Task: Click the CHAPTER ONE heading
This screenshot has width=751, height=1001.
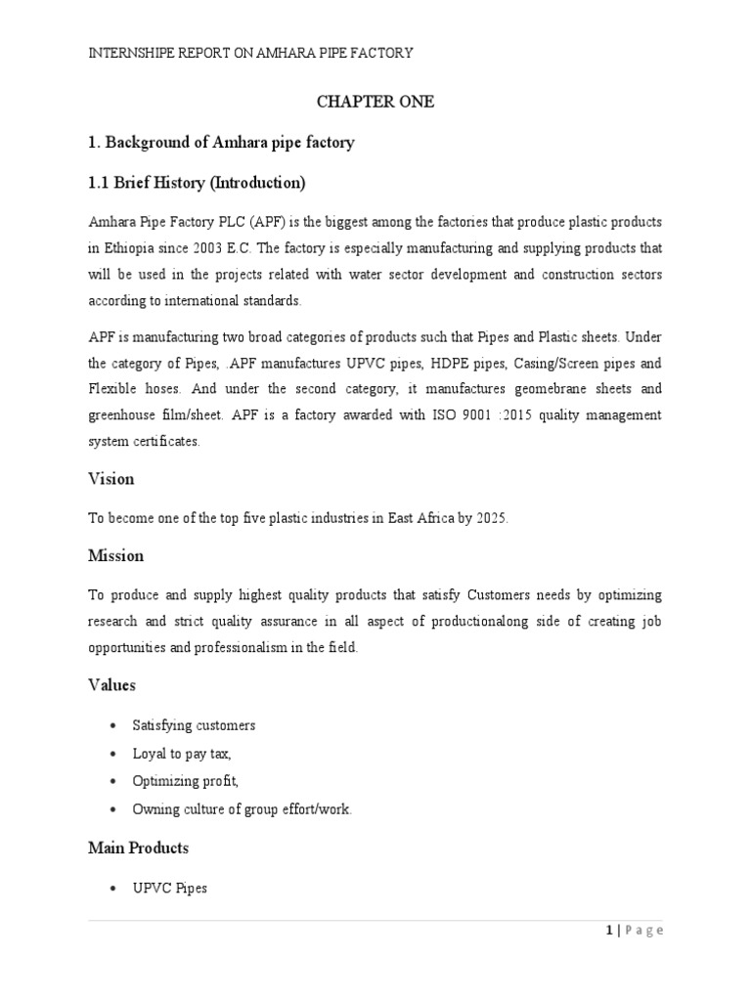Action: click(x=374, y=102)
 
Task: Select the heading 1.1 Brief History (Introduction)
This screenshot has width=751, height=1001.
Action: click(x=197, y=183)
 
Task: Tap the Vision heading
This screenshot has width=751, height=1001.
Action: click(x=110, y=479)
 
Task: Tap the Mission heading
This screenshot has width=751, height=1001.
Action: click(x=115, y=555)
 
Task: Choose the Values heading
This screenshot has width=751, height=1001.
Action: click(x=111, y=685)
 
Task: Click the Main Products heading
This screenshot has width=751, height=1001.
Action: click(x=138, y=848)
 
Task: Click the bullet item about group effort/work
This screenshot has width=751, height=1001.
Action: click(x=242, y=809)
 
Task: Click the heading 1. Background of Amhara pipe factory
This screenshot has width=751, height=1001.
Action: click(x=221, y=143)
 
